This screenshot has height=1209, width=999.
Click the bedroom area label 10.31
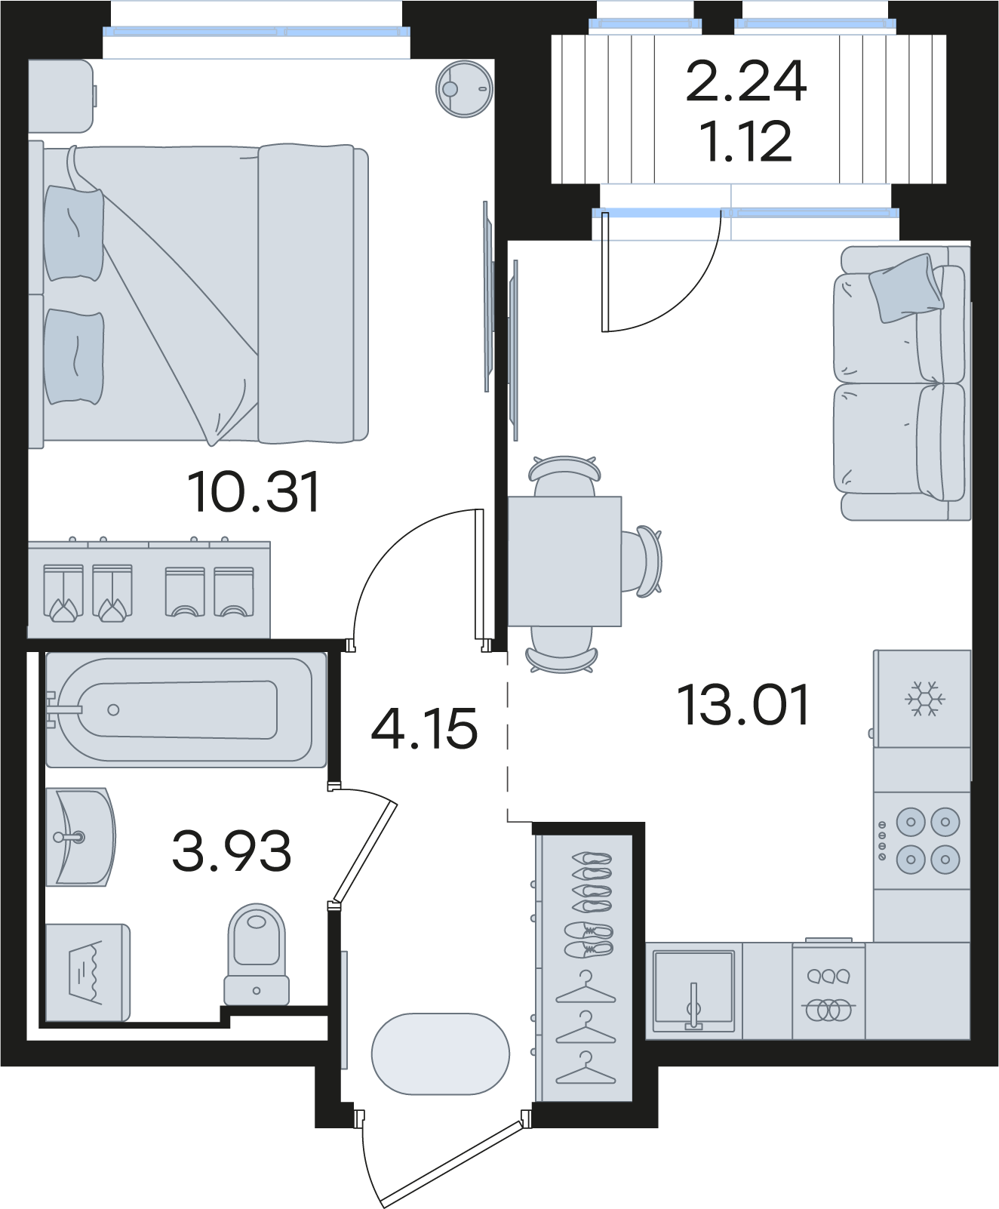[254, 491]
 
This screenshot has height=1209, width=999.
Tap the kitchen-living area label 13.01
[745, 705]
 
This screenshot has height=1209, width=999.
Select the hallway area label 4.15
[425, 728]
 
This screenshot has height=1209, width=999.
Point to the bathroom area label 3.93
[232, 851]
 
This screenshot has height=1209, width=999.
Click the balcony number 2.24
[746, 82]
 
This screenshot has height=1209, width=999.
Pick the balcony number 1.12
[746, 141]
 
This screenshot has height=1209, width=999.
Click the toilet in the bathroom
[257, 955]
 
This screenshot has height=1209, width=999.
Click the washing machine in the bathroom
[88, 972]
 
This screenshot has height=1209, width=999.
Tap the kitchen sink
[693, 991]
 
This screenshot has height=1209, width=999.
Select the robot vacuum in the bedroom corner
[464, 89]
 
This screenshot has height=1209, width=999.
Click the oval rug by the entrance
[441, 1054]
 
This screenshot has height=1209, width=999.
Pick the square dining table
[564, 561]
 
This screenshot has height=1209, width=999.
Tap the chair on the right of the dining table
[645, 561]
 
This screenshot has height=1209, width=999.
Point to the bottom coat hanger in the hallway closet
[585, 1067]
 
